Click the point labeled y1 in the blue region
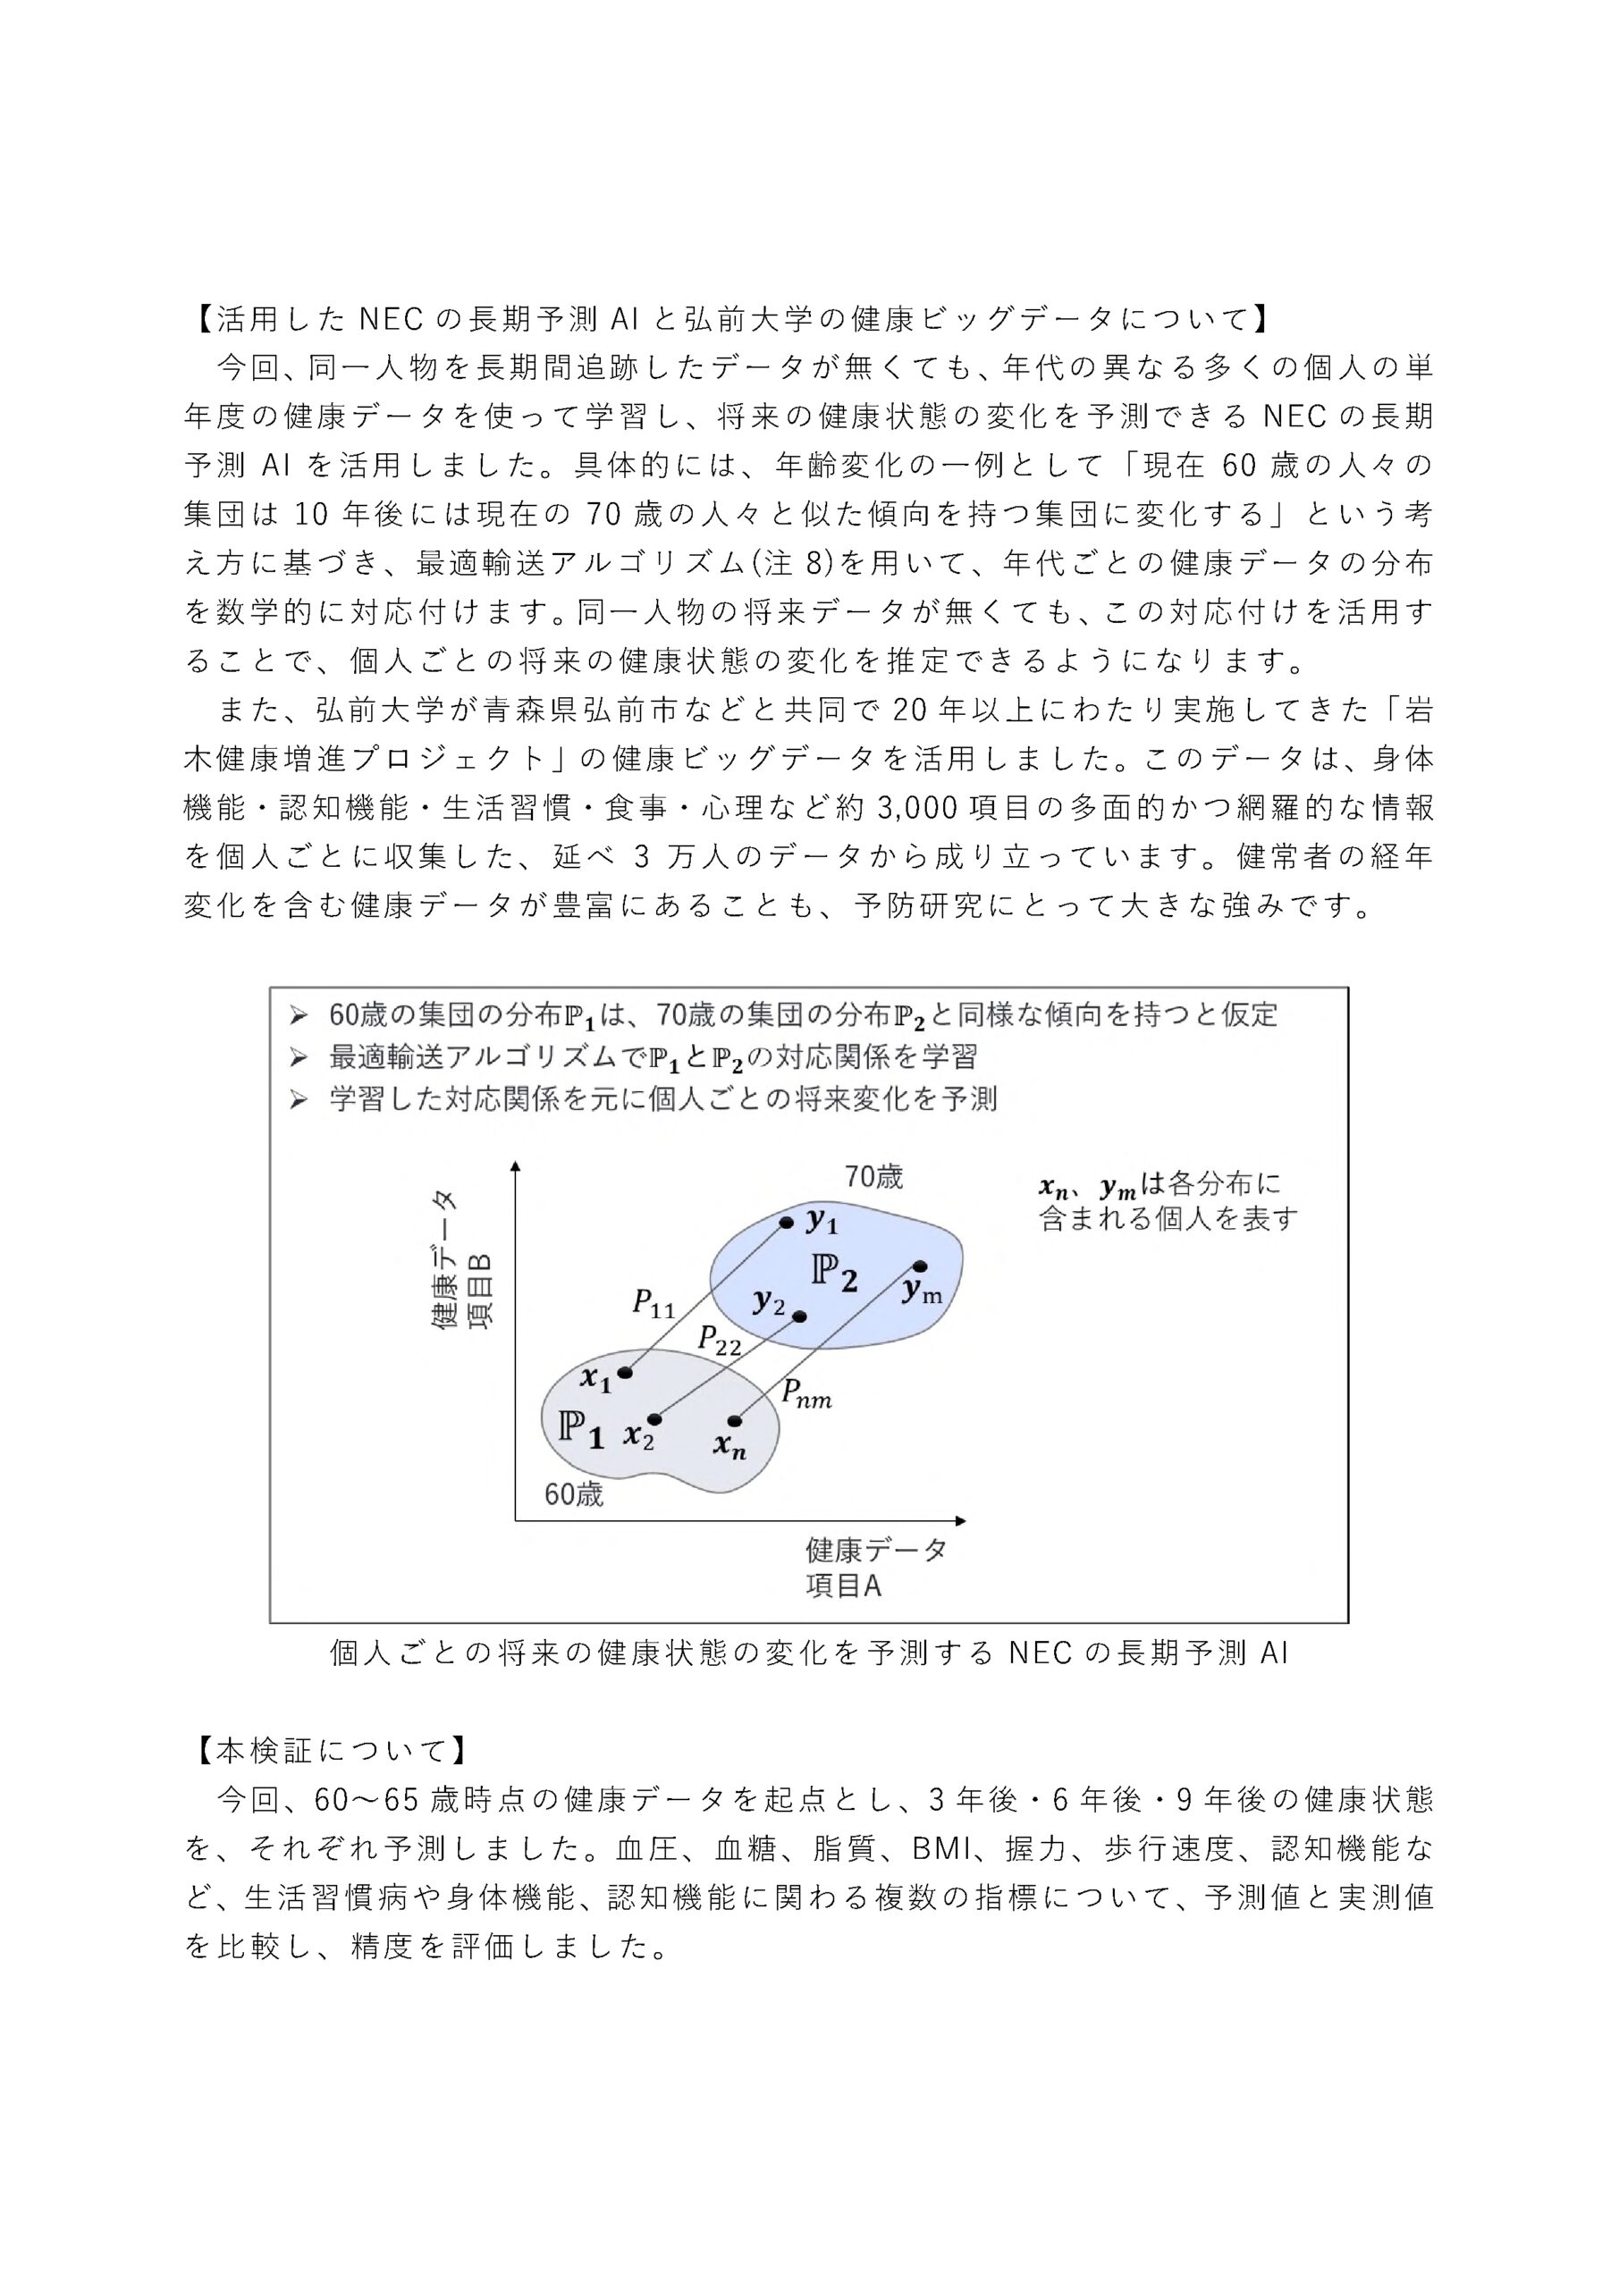pos(786,1222)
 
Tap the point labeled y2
pos(799,1316)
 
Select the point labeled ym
pos(918,1266)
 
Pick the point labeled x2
pos(654,1419)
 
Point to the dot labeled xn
pos(735,1420)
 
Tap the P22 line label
pos(719,1341)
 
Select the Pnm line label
pos(805,1394)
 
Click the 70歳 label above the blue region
pos(873,1177)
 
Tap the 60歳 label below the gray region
pos(573,1494)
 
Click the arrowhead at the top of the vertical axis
pos(516,1167)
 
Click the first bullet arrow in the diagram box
pos(297,1016)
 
